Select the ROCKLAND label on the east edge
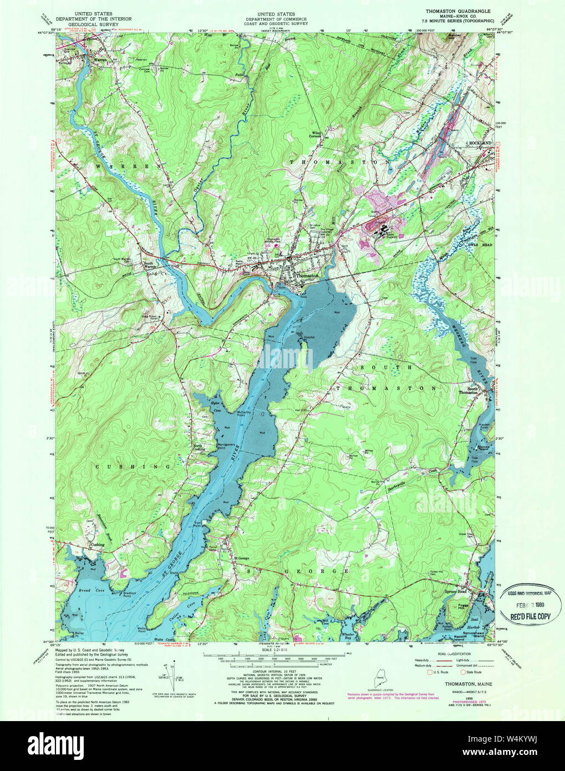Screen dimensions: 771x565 pyautogui.click(x=480, y=143)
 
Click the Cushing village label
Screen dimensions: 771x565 pyautogui.click(x=98, y=545)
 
